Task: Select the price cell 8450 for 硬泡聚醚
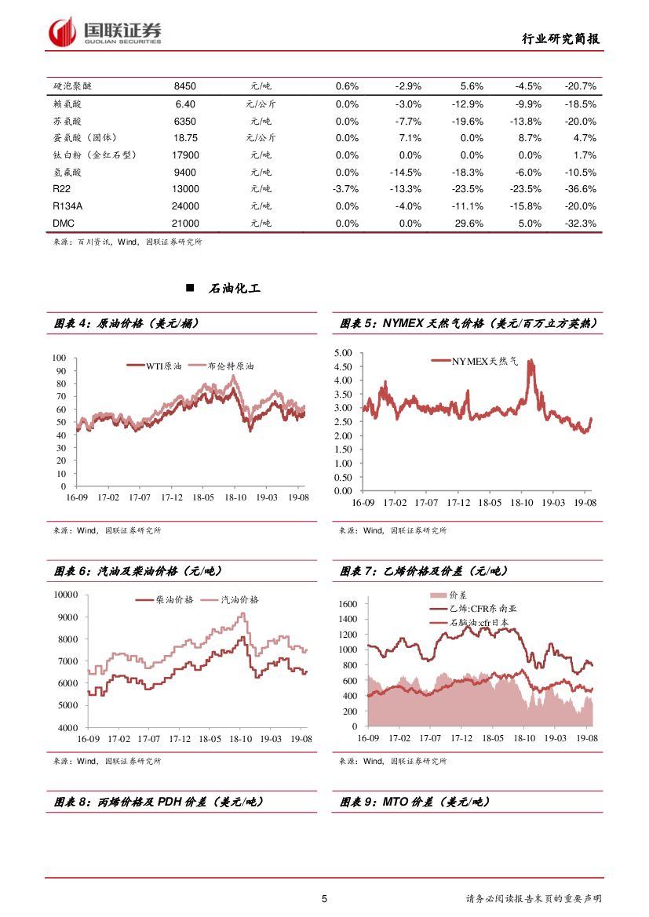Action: (x=185, y=86)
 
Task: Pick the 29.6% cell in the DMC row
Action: (x=472, y=224)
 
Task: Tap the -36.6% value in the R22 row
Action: (x=580, y=189)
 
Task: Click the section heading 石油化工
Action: (x=235, y=289)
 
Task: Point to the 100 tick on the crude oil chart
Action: (x=60, y=358)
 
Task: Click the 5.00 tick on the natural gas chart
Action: (x=343, y=353)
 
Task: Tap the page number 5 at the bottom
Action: (x=324, y=899)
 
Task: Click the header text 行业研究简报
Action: (x=563, y=39)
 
